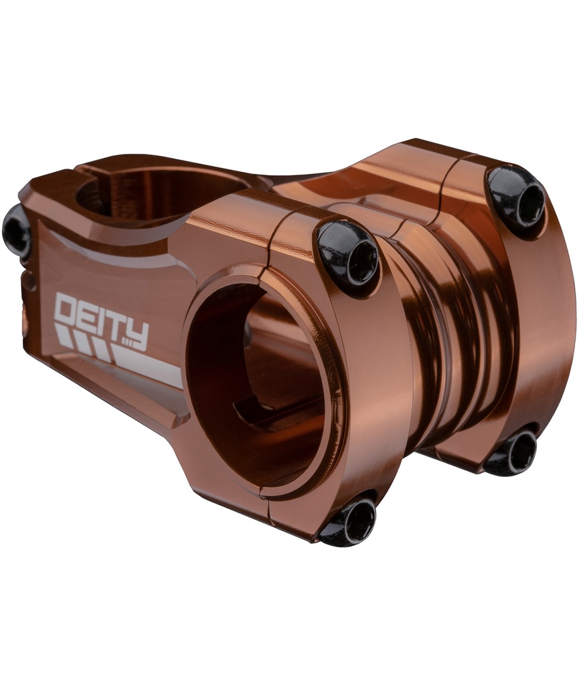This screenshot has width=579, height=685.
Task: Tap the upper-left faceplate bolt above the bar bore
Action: pos(348,254)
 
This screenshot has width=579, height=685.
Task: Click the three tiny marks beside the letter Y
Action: pos(120,343)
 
